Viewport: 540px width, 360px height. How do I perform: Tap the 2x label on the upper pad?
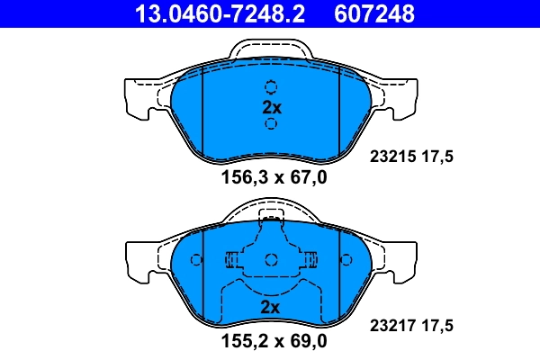pos(271,106)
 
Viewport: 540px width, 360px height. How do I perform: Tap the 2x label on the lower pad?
pos(271,307)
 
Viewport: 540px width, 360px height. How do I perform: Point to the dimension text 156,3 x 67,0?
pos(274,177)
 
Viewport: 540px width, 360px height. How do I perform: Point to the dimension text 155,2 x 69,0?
pos(274,342)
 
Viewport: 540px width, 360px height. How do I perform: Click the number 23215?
pos(391,156)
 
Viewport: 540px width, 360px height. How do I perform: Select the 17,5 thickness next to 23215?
pos(437,156)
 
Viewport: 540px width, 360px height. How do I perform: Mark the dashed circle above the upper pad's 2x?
pos(271,87)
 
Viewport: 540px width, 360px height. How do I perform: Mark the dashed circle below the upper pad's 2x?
pos(271,123)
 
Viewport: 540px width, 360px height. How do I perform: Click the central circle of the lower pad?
pos(271,260)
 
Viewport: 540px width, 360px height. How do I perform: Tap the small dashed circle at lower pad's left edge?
pos(196,259)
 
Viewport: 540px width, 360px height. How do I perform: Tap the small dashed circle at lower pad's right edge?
pos(346,259)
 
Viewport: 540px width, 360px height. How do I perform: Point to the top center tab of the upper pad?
pos(271,52)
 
